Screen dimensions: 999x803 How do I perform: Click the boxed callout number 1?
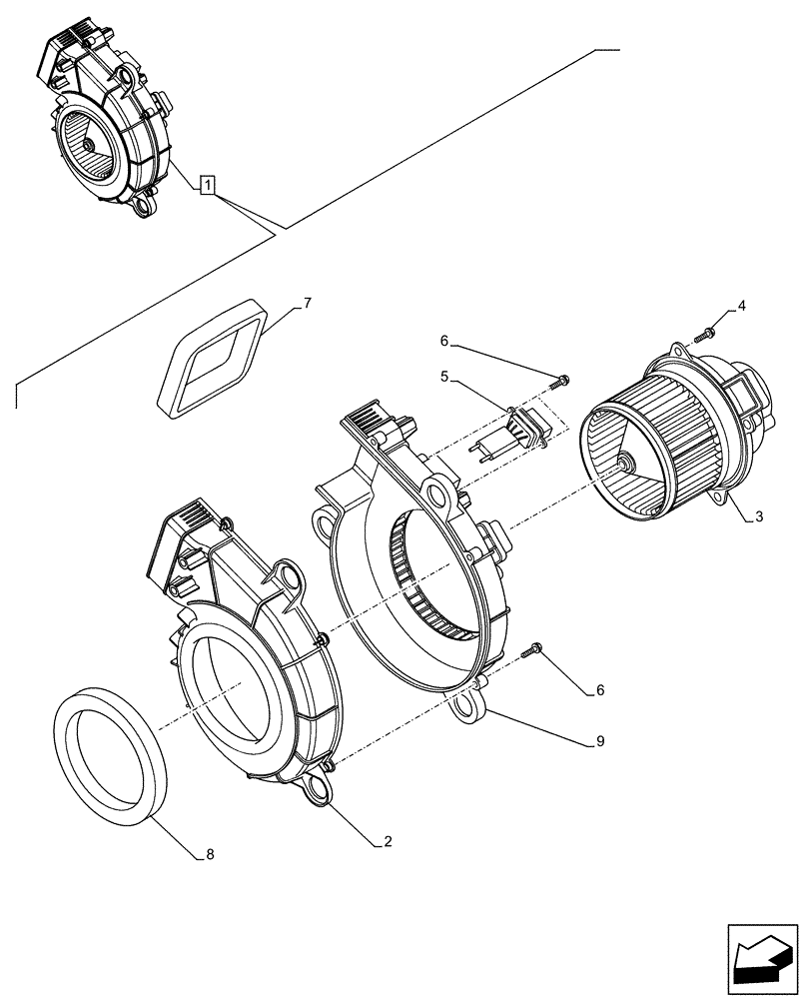206,185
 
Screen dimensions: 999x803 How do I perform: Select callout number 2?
387,842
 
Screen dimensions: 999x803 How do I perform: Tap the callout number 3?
759,516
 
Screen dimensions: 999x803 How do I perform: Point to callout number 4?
740,303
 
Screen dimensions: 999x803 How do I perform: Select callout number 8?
209,855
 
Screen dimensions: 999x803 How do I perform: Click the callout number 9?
599,741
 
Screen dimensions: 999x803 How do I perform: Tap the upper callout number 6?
444,342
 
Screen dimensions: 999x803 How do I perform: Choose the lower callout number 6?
599,689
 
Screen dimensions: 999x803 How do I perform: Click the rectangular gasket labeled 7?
214,361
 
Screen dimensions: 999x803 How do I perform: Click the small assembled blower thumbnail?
104,120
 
